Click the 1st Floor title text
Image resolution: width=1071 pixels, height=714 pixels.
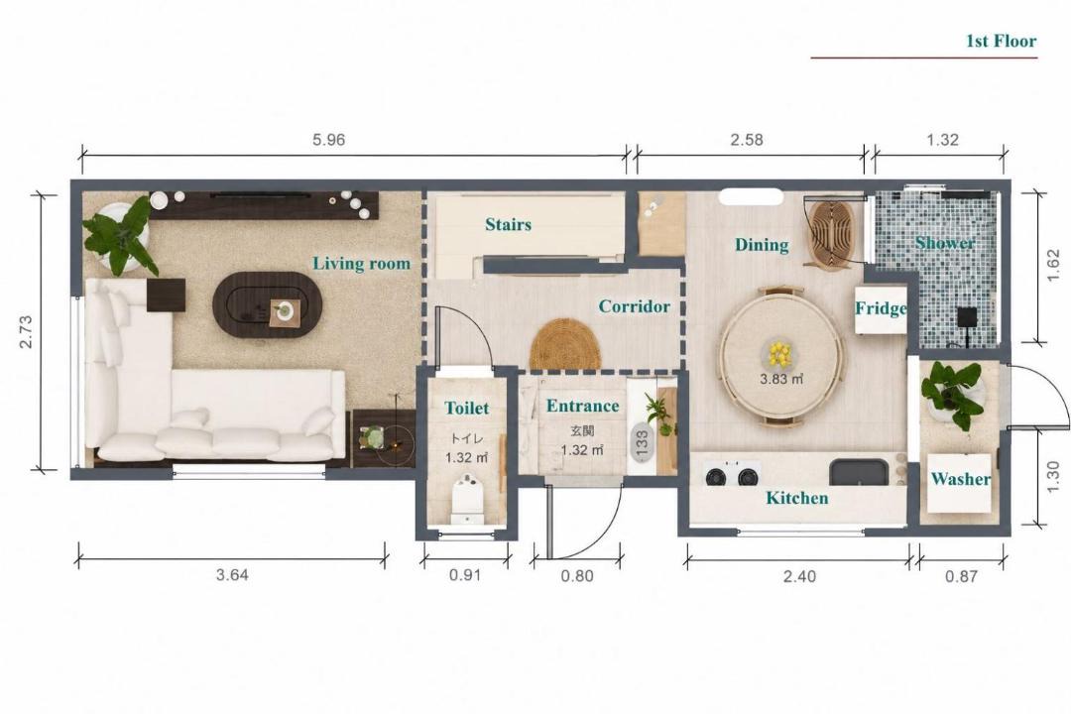tap(1001, 41)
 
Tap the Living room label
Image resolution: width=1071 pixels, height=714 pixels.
tap(361, 264)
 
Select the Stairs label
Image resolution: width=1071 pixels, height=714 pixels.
tap(508, 224)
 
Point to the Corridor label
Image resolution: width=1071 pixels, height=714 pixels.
tap(634, 306)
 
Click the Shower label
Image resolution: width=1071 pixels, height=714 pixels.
tap(945, 243)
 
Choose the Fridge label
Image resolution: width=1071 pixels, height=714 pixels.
tap(882, 308)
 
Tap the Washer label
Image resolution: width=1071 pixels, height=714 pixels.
tap(960, 479)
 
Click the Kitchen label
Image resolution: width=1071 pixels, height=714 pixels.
tap(797, 498)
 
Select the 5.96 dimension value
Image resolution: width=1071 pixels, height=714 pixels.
tap(328, 140)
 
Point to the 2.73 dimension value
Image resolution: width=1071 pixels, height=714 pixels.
tap(25, 331)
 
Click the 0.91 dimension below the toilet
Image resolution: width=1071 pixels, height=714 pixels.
tap(465, 575)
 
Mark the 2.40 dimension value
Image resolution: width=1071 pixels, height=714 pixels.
tap(799, 576)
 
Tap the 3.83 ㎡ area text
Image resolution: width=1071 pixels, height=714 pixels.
tap(780, 379)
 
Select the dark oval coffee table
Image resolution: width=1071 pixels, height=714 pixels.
tap(268, 305)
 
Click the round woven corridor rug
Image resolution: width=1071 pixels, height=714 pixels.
tap(565, 344)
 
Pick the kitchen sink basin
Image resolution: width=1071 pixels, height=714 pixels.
tap(859, 472)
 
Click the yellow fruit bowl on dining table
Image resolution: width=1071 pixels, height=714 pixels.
tap(779, 354)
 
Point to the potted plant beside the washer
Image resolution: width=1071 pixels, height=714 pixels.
tap(953, 394)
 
